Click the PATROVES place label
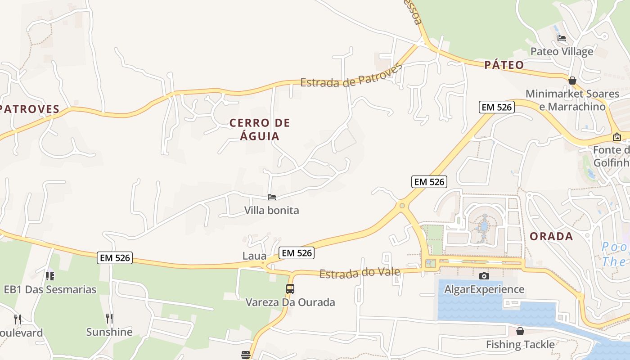point(30,109)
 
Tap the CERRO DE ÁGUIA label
point(260,129)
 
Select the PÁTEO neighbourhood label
point(504,65)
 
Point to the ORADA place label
point(551,236)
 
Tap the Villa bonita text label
point(271,210)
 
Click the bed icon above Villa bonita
point(272,197)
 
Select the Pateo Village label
point(562,51)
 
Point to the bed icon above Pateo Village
point(562,38)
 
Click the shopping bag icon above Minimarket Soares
point(572,81)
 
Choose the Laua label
point(254,256)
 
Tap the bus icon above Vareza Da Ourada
point(290,289)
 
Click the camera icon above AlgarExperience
point(484,276)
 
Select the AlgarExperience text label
point(484,289)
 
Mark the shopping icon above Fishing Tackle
point(520,332)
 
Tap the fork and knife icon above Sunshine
point(109,319)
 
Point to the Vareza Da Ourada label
point(290,302)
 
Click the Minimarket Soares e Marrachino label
point(572,100)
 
